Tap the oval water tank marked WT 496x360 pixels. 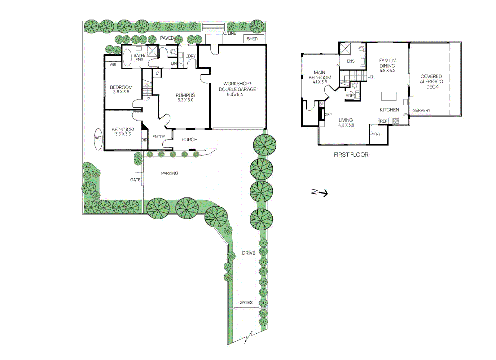98,138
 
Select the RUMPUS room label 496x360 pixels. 185,95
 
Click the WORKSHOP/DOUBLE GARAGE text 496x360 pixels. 237,87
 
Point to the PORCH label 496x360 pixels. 189,140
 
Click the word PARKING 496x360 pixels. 169,173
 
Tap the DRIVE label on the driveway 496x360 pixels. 249,253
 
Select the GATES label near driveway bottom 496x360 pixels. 246,302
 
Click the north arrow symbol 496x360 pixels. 320,192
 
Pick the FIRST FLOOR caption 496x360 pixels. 351,155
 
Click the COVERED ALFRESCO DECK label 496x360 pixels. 431,81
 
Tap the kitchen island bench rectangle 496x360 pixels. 389,96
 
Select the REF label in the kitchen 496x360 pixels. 383,121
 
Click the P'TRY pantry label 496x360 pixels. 375,134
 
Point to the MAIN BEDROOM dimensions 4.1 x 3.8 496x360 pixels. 320,82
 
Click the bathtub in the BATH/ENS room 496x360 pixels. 127,58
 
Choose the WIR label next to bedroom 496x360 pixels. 113,65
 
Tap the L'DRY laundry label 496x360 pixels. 190,56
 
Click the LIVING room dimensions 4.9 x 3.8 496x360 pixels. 346,125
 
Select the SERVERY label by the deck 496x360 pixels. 422,110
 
